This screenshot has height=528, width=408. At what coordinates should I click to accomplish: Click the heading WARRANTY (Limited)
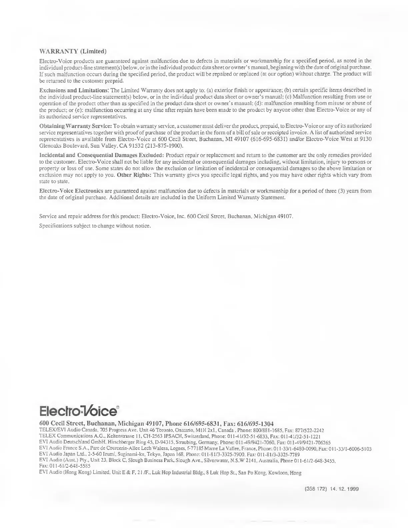tap(73, 51)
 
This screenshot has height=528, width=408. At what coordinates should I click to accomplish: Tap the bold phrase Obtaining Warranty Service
tap(76, 126)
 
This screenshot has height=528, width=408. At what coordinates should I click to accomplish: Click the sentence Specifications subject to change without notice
tap(95, 226)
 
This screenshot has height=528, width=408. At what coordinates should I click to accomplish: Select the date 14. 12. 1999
tap(344, 489)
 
